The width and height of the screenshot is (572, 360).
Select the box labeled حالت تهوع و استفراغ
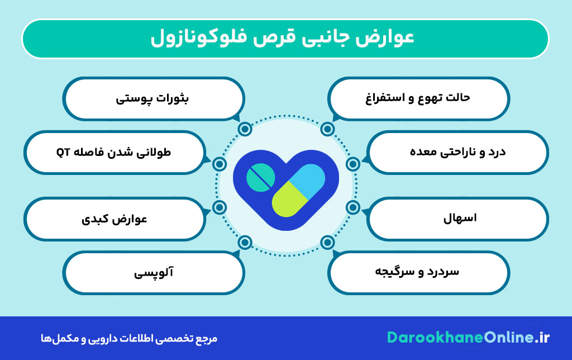(418, 98)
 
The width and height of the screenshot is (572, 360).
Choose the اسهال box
(457, 219)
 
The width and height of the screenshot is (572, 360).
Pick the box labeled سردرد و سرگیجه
(418, 272)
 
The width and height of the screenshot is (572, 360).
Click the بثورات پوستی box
(153, 98)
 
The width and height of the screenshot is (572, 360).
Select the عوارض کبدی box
(115, 219)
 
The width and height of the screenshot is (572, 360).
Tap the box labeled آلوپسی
(153, 272)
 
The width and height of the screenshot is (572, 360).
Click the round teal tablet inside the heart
(261, 177)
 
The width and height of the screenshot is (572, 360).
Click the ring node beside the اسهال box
(352, 207)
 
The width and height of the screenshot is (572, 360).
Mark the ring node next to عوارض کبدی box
(220, 207)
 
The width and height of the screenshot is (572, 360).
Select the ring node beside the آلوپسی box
(245, 242)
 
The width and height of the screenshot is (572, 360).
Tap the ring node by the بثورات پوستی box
(245, 129)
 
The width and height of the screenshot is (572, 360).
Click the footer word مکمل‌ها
(54, 339)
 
